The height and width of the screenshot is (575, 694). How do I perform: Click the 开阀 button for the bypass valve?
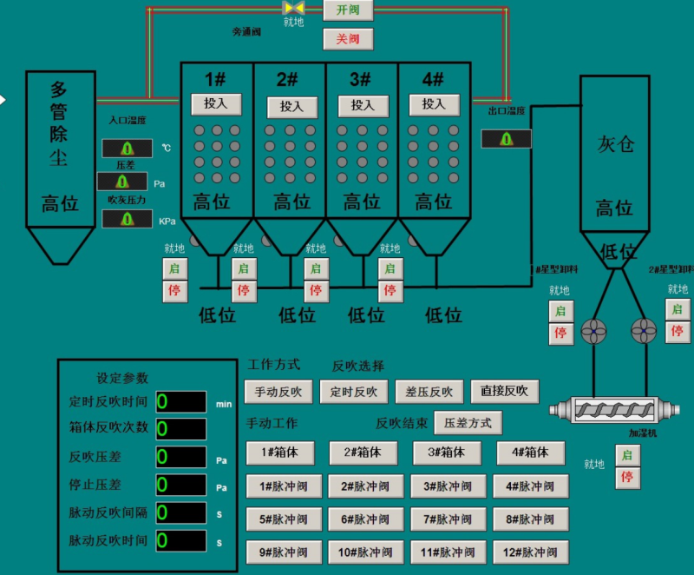tap(348, 10)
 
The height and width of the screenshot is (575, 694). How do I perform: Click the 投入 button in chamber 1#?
tap(216, 104)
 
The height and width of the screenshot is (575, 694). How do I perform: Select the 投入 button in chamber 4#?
tap(434, 104)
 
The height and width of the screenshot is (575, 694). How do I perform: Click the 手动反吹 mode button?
tap(278, 392)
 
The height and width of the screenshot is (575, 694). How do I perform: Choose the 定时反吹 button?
tap(353, 392)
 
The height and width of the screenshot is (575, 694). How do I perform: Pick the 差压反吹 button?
tap(429, 392)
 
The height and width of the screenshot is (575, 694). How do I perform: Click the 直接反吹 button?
tap(505, 391)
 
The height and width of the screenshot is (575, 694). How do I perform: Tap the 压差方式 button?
tap(468, 423)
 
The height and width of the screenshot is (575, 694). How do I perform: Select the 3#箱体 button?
tap(445, 453)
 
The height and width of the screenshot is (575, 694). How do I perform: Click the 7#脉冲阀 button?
tap(446, 519)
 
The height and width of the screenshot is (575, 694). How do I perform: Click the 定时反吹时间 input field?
tap(180, 402)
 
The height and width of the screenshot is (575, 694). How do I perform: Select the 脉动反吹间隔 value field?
tap(180, 512)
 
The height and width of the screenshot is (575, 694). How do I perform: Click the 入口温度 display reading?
tap(128, 149)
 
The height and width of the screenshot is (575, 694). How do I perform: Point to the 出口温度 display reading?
tap(506, 139)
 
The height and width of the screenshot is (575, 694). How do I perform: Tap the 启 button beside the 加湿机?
tap(628, 455)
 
